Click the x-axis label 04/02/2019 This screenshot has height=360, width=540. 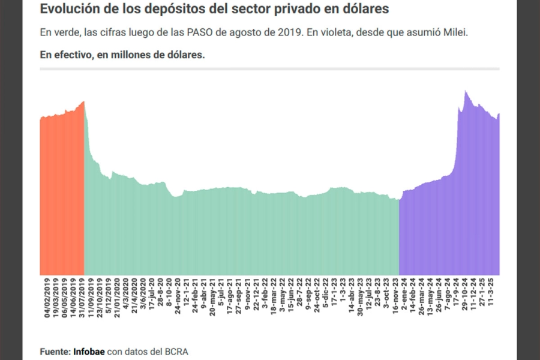coord(47,298)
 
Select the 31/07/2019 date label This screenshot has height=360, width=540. coord(82,298)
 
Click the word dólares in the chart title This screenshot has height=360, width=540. coord(365,9)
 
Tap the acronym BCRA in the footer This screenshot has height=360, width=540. coord(183,351)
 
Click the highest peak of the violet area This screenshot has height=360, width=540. coord(466,91)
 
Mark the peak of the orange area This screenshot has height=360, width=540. coord(84,101)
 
